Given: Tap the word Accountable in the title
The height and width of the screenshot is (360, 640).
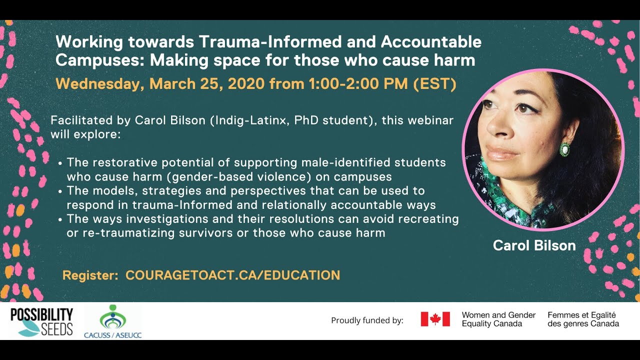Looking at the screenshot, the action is pyautogui.click(x=431, y=41).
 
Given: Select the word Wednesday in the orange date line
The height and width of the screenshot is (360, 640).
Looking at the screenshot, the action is pyautogui.click(x=100, y=84).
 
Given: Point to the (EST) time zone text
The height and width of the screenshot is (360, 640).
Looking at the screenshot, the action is pyautogui.click(x=434, y=84).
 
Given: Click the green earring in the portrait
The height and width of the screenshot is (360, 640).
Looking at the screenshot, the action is pyautogui.click(x=564, y=149).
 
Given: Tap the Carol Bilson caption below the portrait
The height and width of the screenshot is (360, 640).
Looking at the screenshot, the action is pyautogui.click(x=534, y=245).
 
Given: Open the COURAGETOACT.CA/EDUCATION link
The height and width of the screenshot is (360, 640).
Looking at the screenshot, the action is pyautogui.click(x=233, y=275).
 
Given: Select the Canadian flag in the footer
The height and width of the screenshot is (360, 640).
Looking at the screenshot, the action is pyautogui.click(x=435, y=319).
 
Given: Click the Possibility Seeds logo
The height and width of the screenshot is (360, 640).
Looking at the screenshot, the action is pyautogui.click(x=42, y=321).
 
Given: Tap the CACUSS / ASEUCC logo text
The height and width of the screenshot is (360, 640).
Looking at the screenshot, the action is pyautogui.click(x=113, y=335).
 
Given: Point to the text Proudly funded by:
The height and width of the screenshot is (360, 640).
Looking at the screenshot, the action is pyautogui.click(x=367, y=320).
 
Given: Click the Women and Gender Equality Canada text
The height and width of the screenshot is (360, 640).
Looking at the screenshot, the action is pyautogui.click(x=498, y=319).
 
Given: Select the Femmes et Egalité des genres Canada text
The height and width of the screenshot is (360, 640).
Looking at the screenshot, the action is pyautogui.click(x=583, y=319).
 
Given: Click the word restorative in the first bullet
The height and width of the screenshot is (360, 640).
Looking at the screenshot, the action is pyautogui.click(x=124, y=162).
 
